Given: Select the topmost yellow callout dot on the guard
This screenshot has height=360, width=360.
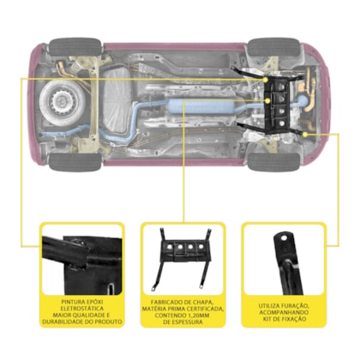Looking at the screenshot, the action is pyautogui.click(x=266, y=80).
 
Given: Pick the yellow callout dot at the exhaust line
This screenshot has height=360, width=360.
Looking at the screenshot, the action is pyautogui.click(x=267, y=100).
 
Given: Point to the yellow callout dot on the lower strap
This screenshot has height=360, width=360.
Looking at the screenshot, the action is pyautogui.click(x=305, y=134).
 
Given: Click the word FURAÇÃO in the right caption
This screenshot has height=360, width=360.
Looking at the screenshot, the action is pyautogui.click(x=293, y=306).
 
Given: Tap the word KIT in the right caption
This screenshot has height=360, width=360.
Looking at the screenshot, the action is pyautogui.click(x=267, y=319).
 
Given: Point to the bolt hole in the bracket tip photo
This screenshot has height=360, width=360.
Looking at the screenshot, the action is pyautogui.click(x=285, y=237).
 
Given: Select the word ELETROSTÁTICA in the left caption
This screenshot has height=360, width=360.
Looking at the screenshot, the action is pyautogui.click(x=82, y=309).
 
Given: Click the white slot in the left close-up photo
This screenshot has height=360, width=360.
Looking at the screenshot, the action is pyautogui.click(x=111, y=289).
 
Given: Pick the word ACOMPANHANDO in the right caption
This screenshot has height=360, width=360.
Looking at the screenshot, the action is pyautogui.click(x=284, y=312).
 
